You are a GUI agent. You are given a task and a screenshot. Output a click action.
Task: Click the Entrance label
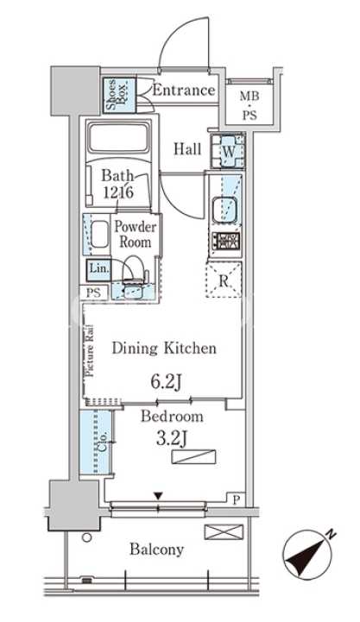pyautogui.click(x=184, y=91)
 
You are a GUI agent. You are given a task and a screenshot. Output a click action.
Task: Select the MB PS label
pyautogui.click(x=249, y=105)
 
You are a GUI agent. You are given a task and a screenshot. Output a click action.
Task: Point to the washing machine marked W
pyautogui.click(x=228, y=151)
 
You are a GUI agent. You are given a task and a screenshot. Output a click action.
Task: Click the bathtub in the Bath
pyautogui.click(x=118, y=137)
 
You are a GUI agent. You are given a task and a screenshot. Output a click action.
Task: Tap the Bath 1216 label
pyautogui.click(x=118, y=184)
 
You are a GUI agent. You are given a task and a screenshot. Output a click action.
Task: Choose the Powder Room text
pyautogui.click(x=135, y=234)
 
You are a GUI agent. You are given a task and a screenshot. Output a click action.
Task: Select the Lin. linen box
pyautogui.click(x=98, y=268)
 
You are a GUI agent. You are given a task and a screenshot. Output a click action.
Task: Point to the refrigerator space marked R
pyautogui.click(x=224, y=280)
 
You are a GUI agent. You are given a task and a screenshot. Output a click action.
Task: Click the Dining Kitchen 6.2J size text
pyautogui.click(x=166, y=383)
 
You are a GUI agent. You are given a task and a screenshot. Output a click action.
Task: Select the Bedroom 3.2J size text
pyautogui.click(x=172, y=439)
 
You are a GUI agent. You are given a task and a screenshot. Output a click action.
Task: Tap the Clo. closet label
pyautogui.click(x=103, y=442)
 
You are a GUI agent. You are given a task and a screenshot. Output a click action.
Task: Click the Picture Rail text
pyautogui.click(x=89, y=351)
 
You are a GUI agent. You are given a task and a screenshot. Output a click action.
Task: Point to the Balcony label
pyautogui.click(x=157, y=550)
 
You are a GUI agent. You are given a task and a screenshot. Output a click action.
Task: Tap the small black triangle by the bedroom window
pyautogui.click(x=158, y=496)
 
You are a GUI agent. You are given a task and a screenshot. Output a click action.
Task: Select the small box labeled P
pyautogui.click(x=236, y=499)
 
